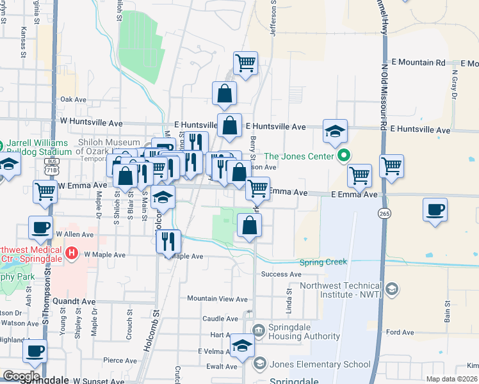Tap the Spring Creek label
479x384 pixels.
(x=323, y=262)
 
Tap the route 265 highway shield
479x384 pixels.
(x=384, y=212)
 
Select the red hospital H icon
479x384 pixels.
(x=72, y=254)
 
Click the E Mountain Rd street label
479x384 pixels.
(x=418, y=63)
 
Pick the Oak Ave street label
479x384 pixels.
(x=73, y=100)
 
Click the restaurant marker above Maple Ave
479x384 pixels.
(x=168, y=241)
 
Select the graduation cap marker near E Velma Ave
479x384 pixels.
(x=243, y=346)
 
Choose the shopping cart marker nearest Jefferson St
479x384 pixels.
(x=245, y=63)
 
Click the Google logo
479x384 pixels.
(x=21, y=376)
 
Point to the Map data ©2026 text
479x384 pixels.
(x=451, y=379)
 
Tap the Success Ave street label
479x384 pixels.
(x=280, y=275)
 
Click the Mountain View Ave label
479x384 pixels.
(x=217, y=299)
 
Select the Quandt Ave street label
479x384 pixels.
(x=74, y=301)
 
